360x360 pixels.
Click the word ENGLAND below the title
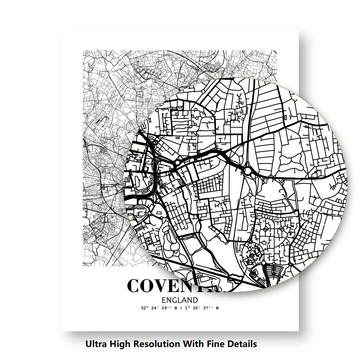[180, 300]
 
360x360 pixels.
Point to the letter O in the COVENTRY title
[151, 286]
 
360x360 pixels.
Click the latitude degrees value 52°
[145, 308]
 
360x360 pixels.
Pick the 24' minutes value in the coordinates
[156, 308]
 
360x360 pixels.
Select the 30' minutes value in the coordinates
[196, 308]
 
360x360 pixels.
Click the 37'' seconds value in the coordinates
[208, 308]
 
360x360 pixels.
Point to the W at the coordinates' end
[217, 308]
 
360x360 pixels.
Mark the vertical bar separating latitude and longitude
[181, 308]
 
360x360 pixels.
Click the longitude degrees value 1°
[186, 308]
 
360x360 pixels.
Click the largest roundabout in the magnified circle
[248, 171]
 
